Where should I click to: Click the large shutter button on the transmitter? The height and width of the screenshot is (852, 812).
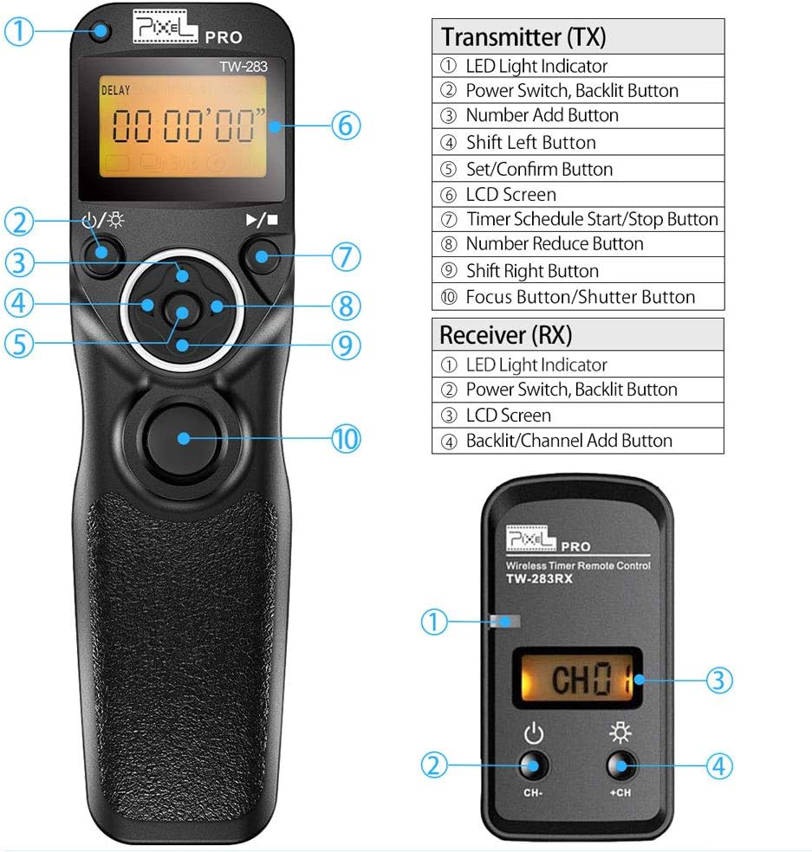(182, 436)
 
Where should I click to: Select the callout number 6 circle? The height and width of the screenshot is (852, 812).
(344, 126)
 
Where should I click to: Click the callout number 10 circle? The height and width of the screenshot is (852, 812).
(345, 437)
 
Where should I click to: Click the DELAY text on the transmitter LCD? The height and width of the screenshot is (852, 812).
(115, 89)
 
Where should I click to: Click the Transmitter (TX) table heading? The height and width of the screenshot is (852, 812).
(523, 37)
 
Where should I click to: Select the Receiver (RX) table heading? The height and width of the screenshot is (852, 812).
(506, 334)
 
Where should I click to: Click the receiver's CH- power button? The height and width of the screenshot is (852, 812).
(533, 765)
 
